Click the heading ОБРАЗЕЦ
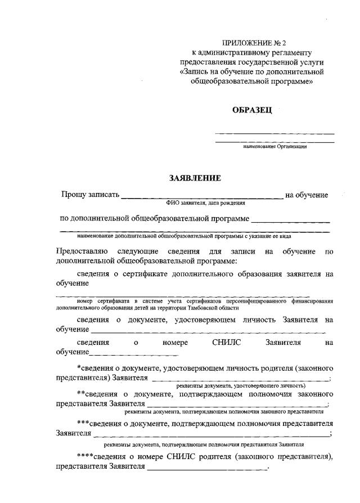[251, 110]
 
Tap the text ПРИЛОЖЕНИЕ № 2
[250, 42]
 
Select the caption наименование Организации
[274, 146]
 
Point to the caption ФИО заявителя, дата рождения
[202, 203]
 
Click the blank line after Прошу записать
[202, 197]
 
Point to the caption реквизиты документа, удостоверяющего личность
[241, 386]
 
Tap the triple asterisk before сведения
[83, 423]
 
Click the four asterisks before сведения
[85, 456]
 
